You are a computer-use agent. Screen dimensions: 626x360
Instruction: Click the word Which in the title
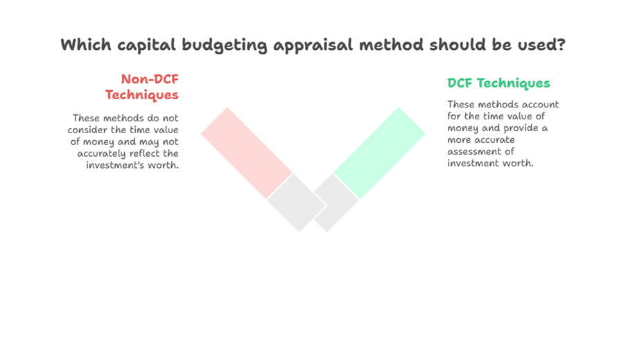[86, 44]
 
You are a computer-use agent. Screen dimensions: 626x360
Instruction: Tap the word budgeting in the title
[225, 46]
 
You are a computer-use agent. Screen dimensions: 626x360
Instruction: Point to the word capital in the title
[146, 46]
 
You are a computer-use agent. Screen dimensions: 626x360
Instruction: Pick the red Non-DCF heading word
[150, 79]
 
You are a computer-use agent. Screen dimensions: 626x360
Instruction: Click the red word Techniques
[141, 95]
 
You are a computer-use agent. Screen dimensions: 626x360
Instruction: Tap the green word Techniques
[514, 83]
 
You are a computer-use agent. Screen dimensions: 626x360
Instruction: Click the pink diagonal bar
[246, 153]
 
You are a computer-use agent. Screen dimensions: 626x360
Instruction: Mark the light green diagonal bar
[379, 153]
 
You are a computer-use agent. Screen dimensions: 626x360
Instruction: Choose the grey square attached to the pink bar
[297, 203]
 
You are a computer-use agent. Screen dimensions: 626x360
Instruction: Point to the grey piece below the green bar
[336, 203]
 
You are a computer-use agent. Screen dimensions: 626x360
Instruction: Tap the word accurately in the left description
[101, 154]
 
